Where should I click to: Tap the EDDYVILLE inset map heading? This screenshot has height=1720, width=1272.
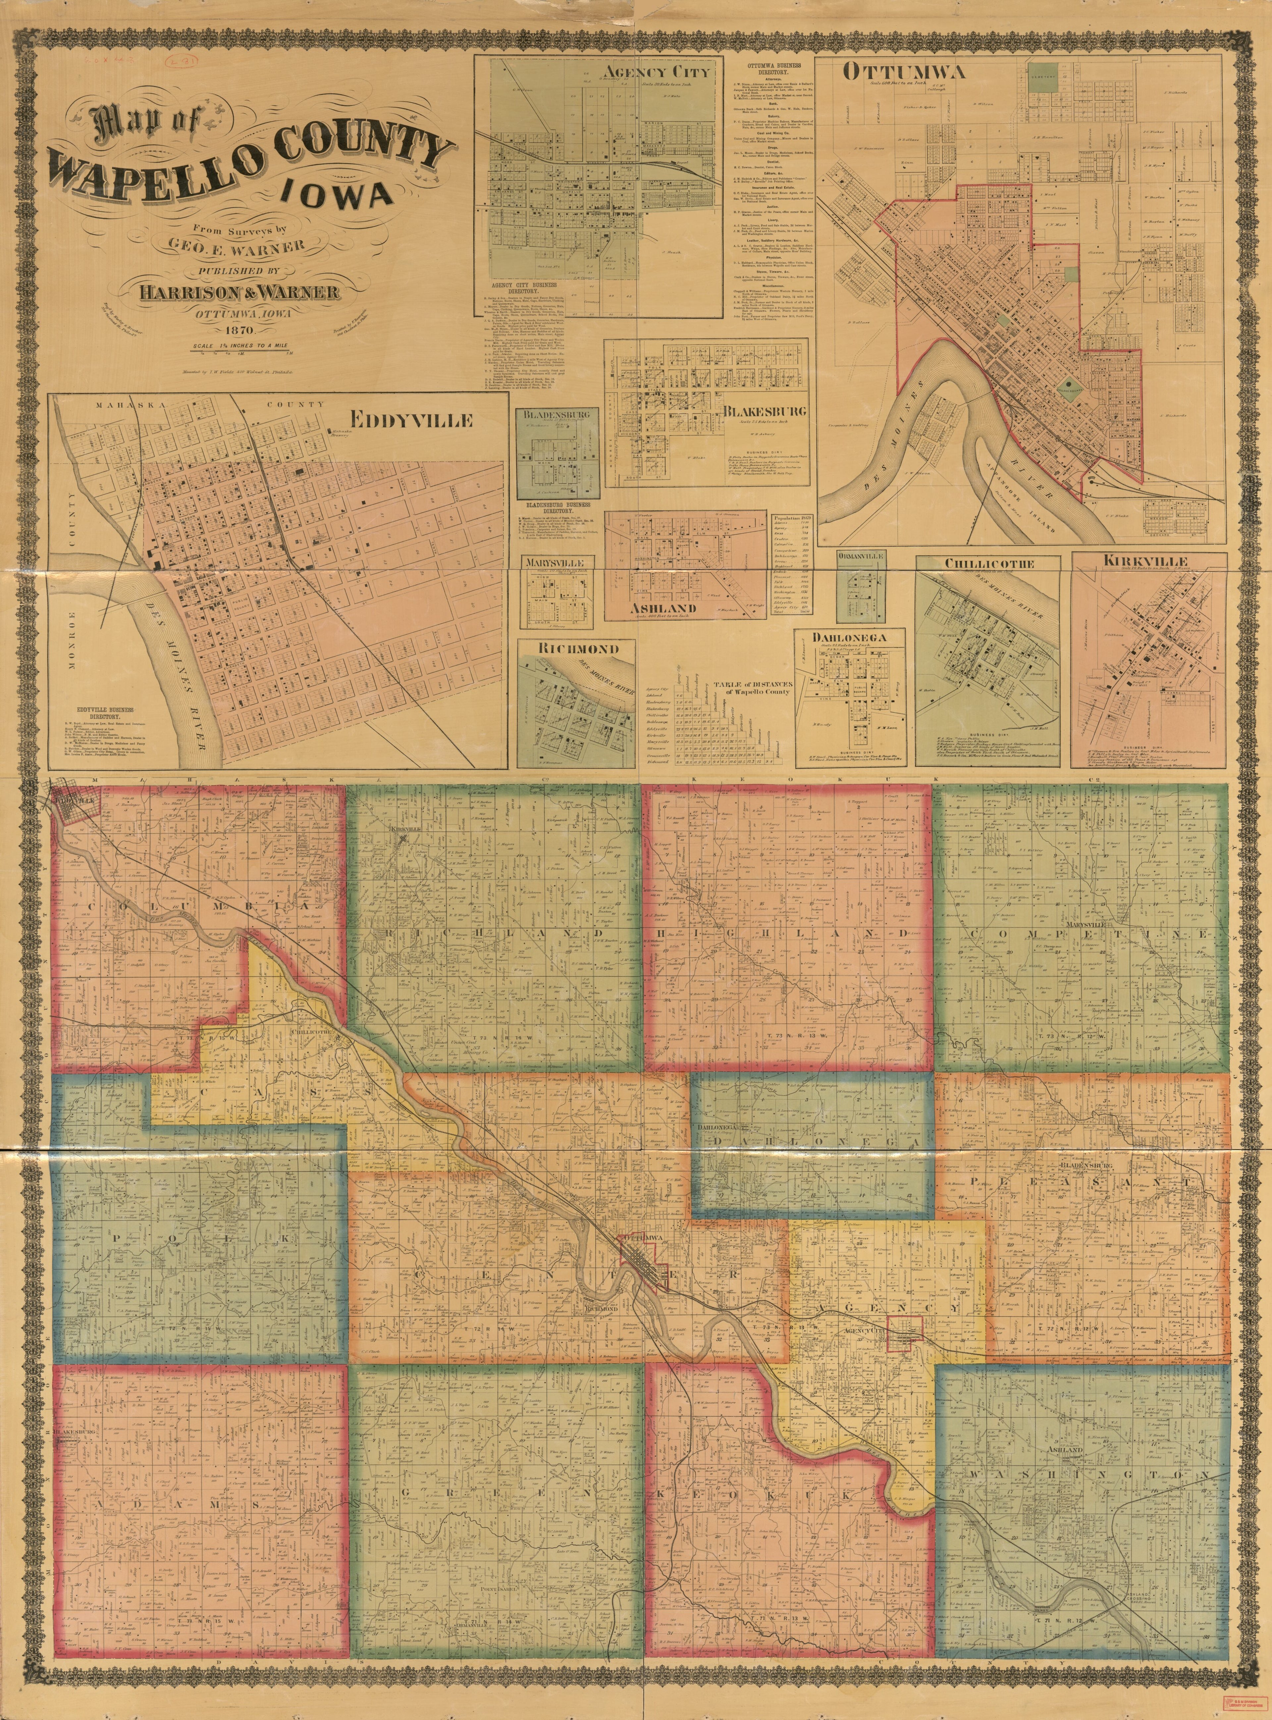pyautogui.click(x=411, y=420)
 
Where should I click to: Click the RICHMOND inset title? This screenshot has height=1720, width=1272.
pyautogui.click(x=578, y=648)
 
